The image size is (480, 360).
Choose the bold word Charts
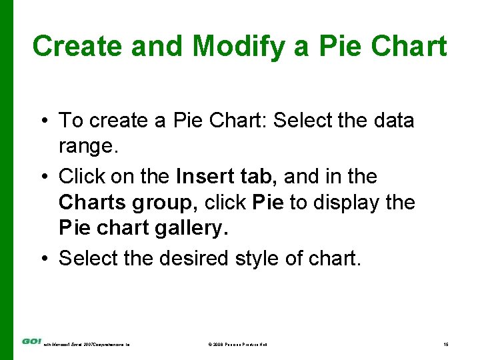pos(89,202)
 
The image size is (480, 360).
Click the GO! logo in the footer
pos(31,341)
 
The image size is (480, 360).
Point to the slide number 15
pos(445,344)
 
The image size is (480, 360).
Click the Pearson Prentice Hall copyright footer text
pos(238,344)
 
